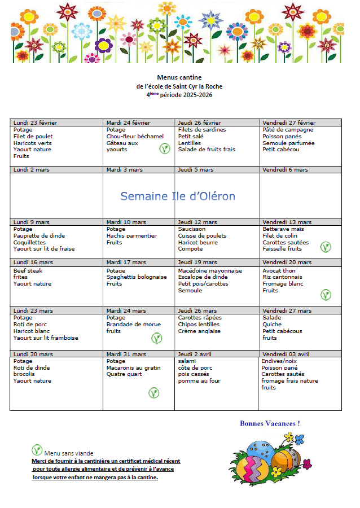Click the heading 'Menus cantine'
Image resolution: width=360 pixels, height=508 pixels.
tap(179, 77)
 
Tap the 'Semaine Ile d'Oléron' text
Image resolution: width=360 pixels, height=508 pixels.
tap(178, 196)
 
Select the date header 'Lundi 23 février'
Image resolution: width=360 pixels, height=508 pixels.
tap(35, 122)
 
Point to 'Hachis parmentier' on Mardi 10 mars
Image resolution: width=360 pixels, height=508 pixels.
tap(131, 236)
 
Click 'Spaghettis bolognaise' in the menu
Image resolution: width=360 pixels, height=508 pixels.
tap(137, 277)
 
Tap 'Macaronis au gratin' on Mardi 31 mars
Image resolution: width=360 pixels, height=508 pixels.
tap(134, 368)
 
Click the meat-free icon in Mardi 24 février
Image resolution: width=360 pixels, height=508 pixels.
tap(164, 149)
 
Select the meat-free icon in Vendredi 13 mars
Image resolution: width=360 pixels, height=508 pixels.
tap(326, 247)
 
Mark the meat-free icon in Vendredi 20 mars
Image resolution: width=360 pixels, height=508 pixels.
tap(326, 295)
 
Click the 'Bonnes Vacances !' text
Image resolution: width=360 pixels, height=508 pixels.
tap(270, 423)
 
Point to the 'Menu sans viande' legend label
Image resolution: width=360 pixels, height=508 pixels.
tap(69, 453)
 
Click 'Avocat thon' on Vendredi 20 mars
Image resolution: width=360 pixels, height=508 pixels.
tap(279, 270)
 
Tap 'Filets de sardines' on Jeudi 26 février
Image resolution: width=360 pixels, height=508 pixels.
tap(202, 129)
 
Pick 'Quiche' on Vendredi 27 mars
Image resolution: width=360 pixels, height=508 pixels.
tap(272, 325)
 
